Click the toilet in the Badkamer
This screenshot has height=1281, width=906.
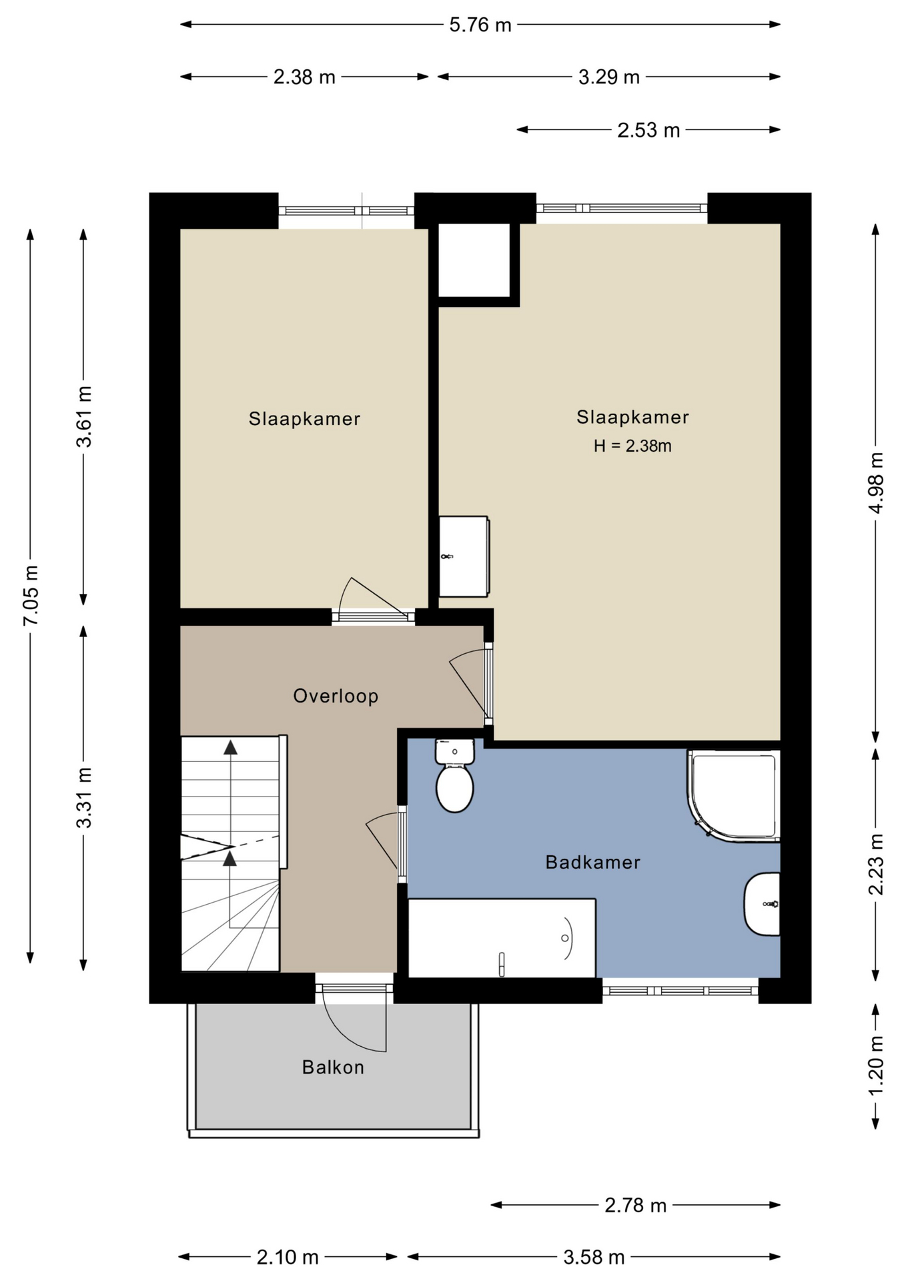pos(454,775)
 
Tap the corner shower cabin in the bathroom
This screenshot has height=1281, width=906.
pos(733,795)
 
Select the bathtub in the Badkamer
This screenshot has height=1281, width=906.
pos(502,938)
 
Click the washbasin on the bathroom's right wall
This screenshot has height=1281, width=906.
pos(763,904)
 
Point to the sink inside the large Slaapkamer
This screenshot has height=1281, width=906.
pos(464,556)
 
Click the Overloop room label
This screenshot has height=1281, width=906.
pos(336,696)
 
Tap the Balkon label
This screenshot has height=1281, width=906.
pos(333,1067)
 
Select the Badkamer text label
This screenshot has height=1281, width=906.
pos(592,862)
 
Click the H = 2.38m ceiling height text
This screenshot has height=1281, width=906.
pos(632,446)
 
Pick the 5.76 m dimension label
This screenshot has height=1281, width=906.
pos(480,25)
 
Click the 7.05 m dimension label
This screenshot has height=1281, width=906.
pos(31,595)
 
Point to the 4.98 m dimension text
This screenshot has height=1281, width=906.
pos(876,483)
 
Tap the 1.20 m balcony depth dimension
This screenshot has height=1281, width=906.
pos(876,1065)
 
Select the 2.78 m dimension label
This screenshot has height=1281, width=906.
pos(635,1205)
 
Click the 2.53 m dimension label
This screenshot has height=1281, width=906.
pos(648,129)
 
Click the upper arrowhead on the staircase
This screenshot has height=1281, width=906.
pos(230,747)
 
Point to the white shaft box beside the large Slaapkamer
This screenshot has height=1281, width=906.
pos(474,260)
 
